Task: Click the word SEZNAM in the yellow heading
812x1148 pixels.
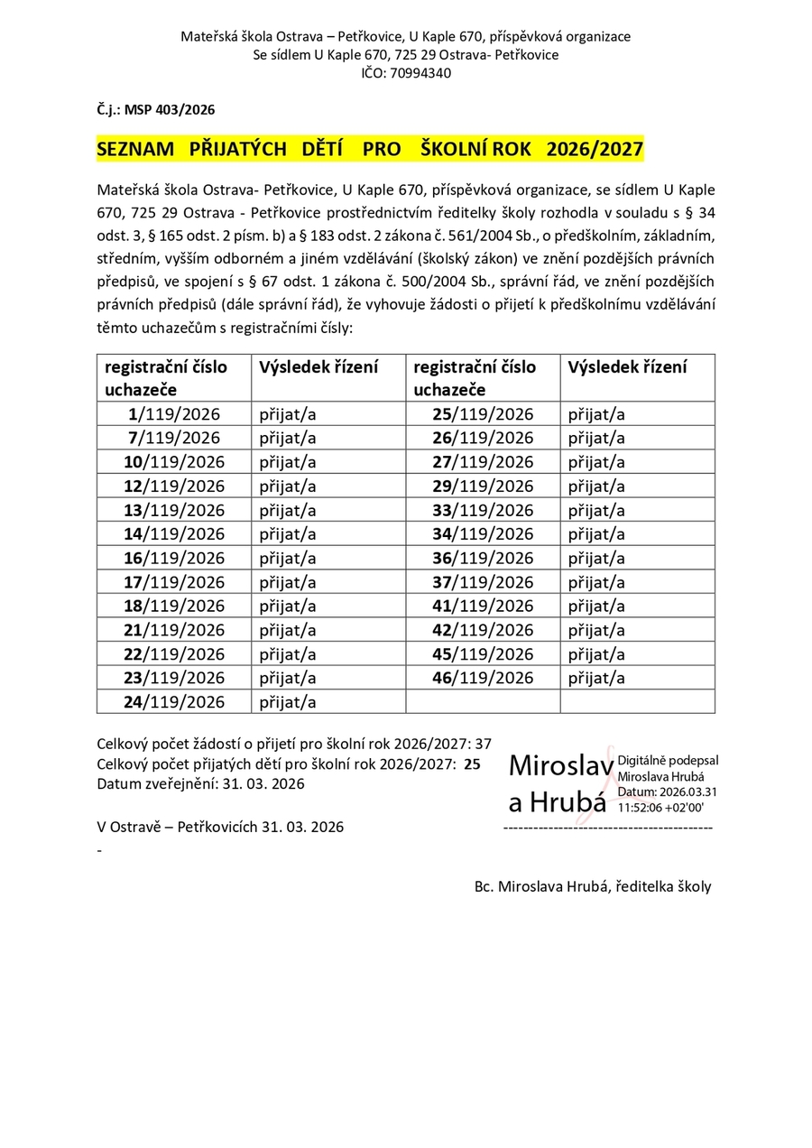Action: (135, 150)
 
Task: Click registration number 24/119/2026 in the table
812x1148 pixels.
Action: (175, 701)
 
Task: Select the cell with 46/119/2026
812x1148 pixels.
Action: (483, 677)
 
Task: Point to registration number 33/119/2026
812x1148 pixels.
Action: (483, 510)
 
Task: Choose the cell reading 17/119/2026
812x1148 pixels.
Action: (175, 581)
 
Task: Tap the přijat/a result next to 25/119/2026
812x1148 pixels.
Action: (596, 414)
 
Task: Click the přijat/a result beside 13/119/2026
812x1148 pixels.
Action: (288, 510)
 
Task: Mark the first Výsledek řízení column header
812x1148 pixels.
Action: (318, 367)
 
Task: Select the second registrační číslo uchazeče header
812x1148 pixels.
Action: (475, 378)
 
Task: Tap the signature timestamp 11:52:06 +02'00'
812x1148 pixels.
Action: (661, 807)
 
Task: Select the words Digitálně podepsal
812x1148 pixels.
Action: (668, 762)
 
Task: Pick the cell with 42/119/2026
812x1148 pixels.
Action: (483, 629)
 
